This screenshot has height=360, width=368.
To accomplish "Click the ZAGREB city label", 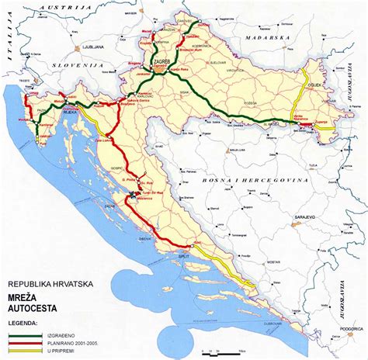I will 162,58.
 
